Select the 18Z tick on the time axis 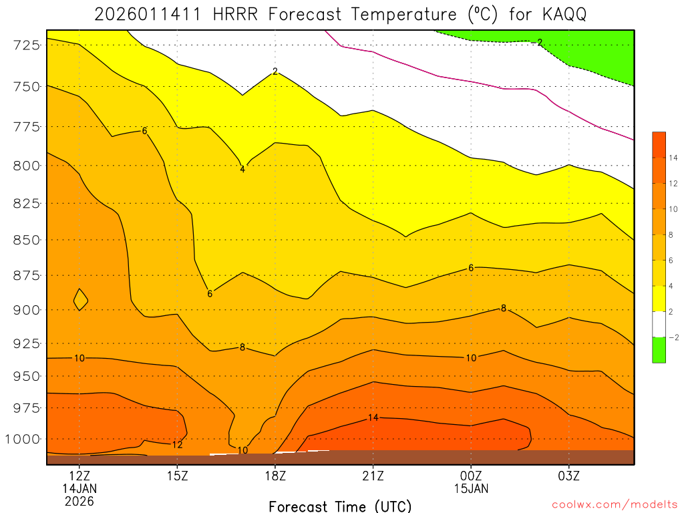275,476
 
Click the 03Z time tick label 568,476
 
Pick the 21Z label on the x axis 373,476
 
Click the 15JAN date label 471,488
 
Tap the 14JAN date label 79,488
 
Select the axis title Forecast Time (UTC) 340,506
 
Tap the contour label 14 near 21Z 373,417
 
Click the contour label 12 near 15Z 177,444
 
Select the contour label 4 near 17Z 242,169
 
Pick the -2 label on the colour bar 672,337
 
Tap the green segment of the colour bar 659,350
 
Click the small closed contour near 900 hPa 80,299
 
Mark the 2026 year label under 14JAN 79,500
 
